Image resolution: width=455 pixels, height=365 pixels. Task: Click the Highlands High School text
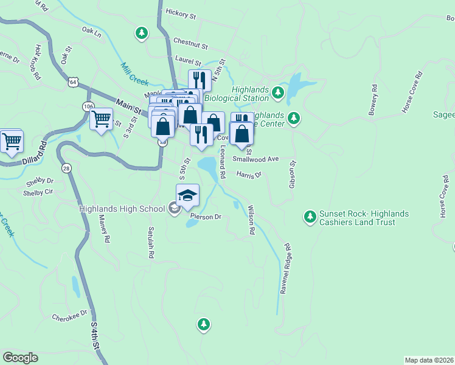tap(122, 209)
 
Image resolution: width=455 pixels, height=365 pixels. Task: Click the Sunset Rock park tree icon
tap(310, 217)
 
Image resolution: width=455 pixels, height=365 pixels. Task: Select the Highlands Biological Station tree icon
tap(278, 92)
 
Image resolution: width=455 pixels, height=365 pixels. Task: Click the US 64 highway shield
tap(74, 82)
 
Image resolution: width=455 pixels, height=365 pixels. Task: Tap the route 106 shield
tap(88, 106)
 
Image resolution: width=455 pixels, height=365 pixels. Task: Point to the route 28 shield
tap(66, 168)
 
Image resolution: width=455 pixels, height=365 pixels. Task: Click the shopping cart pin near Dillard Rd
tap(12, 142)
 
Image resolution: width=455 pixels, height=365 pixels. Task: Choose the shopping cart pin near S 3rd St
tap(102, 119)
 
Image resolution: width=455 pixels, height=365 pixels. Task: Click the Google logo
tap(20, 358)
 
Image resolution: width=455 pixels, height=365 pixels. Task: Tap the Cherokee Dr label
tap(70, 317)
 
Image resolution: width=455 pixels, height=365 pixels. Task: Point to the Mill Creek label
tap(134, 74)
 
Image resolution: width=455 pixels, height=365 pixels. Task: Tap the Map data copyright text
tap(429, 360)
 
